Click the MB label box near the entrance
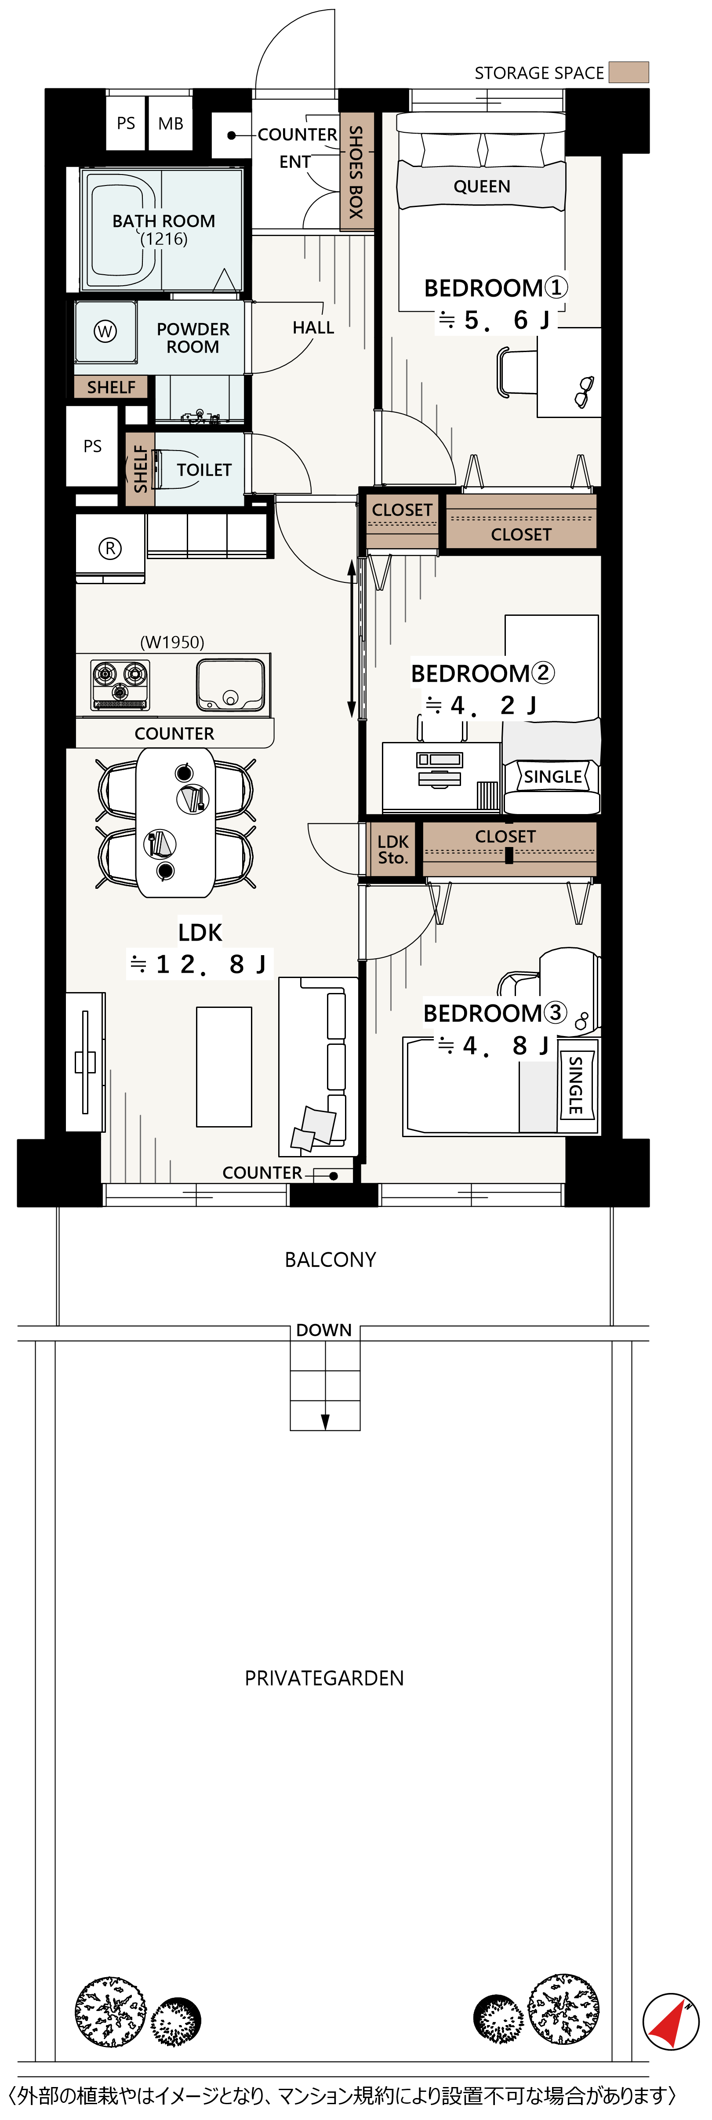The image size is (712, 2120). [171, 124]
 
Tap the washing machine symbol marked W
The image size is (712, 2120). [105, 332]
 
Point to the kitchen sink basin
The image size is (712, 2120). [230, 685]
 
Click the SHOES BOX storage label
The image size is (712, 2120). [356, 172]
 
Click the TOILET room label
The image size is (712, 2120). [204, 470]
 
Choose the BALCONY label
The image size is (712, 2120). [330, 1260]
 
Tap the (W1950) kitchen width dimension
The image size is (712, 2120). [172, 642]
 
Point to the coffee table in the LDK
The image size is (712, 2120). [224, 1066]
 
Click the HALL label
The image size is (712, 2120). [313, 327]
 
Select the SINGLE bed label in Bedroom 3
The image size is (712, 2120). [576, 1085]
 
